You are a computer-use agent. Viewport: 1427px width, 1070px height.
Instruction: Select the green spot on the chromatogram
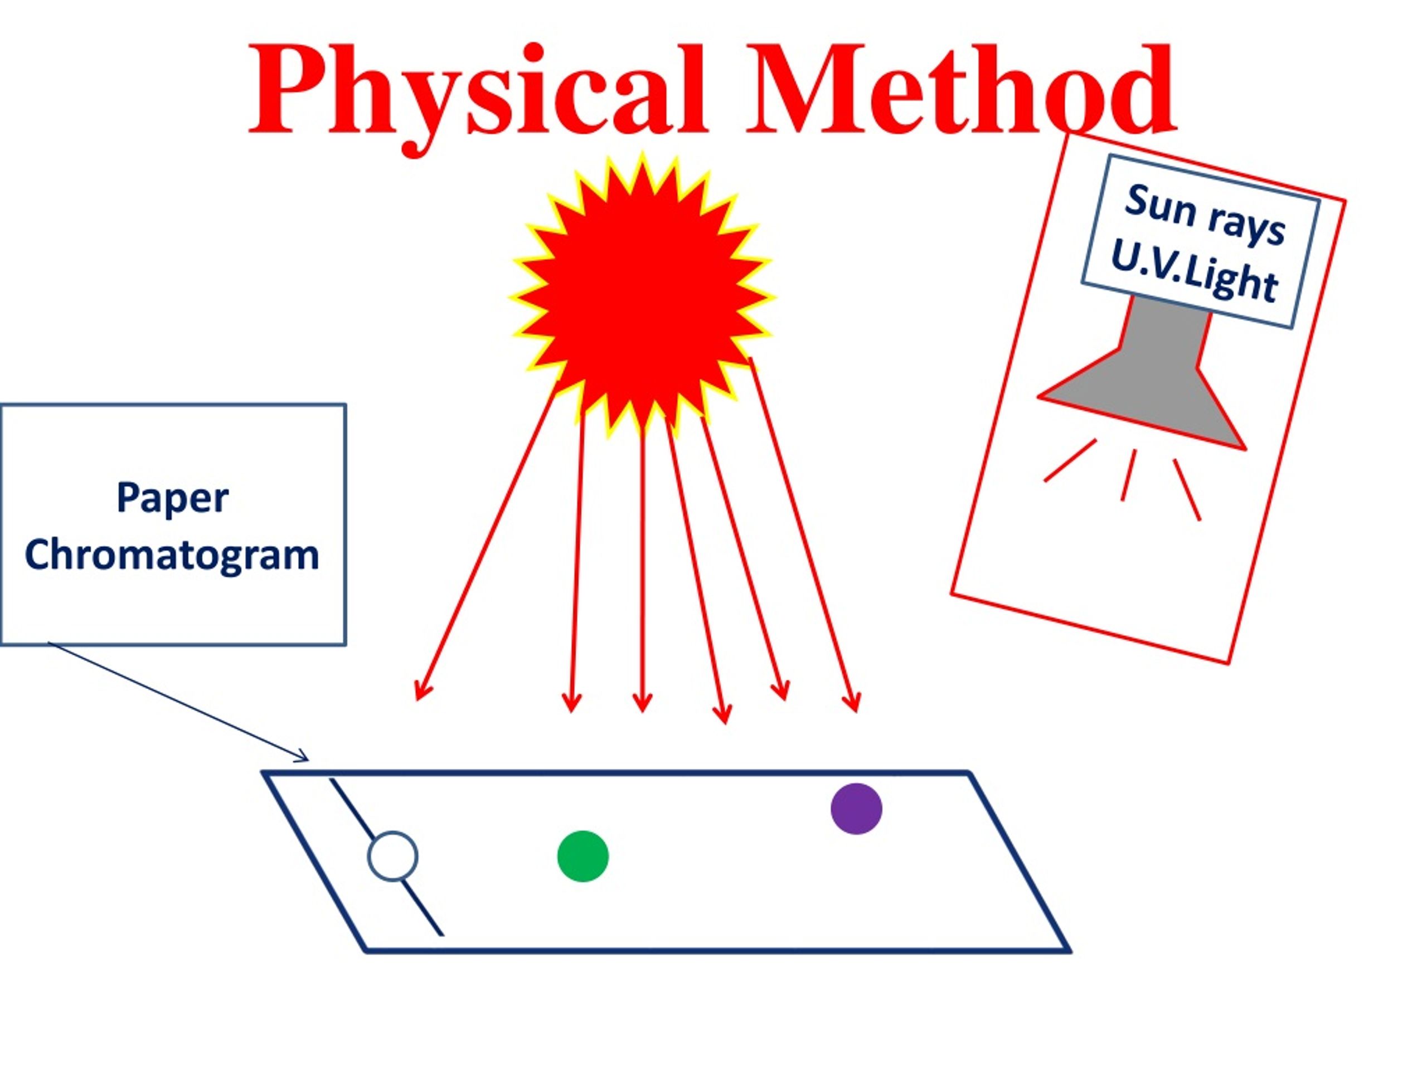coord(583,857)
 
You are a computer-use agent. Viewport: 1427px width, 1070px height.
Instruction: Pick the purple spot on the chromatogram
coord(856,809)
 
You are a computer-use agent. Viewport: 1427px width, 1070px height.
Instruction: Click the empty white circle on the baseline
coord(392,857)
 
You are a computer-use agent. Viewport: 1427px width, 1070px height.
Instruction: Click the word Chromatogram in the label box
coord(172,555)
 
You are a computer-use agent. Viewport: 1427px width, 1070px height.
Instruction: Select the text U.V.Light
coord(1194,274)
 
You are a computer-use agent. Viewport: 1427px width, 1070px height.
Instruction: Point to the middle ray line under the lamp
coord(1128,475)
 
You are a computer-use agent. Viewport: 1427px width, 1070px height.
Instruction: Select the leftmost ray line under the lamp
coord(1070,460)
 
